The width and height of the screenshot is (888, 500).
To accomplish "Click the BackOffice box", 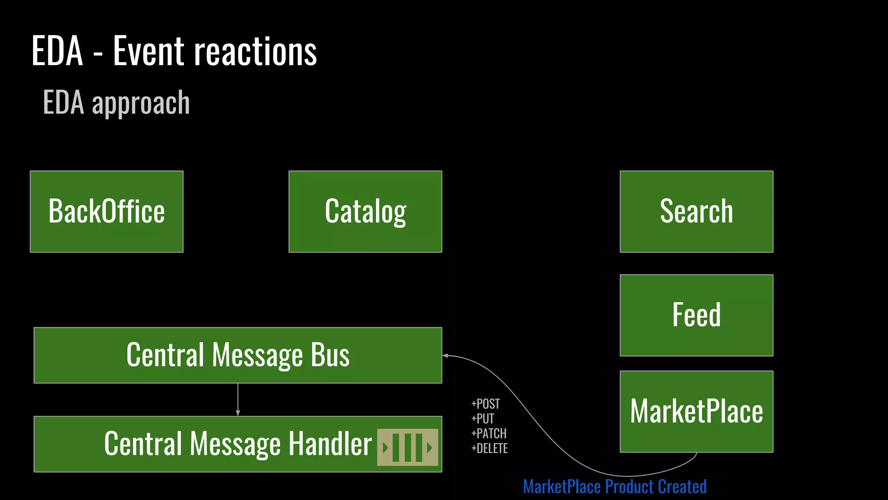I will (x=107, y=211).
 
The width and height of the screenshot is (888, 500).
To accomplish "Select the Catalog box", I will (x=365, y=211).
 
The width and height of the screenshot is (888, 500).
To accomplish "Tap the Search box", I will (x=696, y=211).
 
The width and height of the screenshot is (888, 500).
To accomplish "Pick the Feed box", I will (x=696, y=315).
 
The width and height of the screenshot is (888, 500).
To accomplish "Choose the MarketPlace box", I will (x=696, y=411).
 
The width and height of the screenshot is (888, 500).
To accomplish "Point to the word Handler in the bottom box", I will (x=330, y=444).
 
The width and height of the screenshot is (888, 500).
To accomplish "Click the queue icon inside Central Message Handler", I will (x=408, y=447).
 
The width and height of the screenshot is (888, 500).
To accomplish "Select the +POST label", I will (x=486, y=404).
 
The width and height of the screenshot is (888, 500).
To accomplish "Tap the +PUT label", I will (x=483, y=419).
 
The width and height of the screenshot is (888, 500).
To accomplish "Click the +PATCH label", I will (x=489, y=434).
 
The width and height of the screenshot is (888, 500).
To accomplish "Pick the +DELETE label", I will (x=490, y=448).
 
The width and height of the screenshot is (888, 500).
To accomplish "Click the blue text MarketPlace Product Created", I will (x=615, y=487).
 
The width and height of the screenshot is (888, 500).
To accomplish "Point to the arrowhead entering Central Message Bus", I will (x=445, y=355).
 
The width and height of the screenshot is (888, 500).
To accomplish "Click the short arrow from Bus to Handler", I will (x=238, y=400).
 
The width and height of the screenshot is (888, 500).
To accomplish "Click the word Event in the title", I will (x=149, y=52).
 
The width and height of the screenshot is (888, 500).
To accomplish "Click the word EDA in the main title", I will (x=57, y=52).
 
